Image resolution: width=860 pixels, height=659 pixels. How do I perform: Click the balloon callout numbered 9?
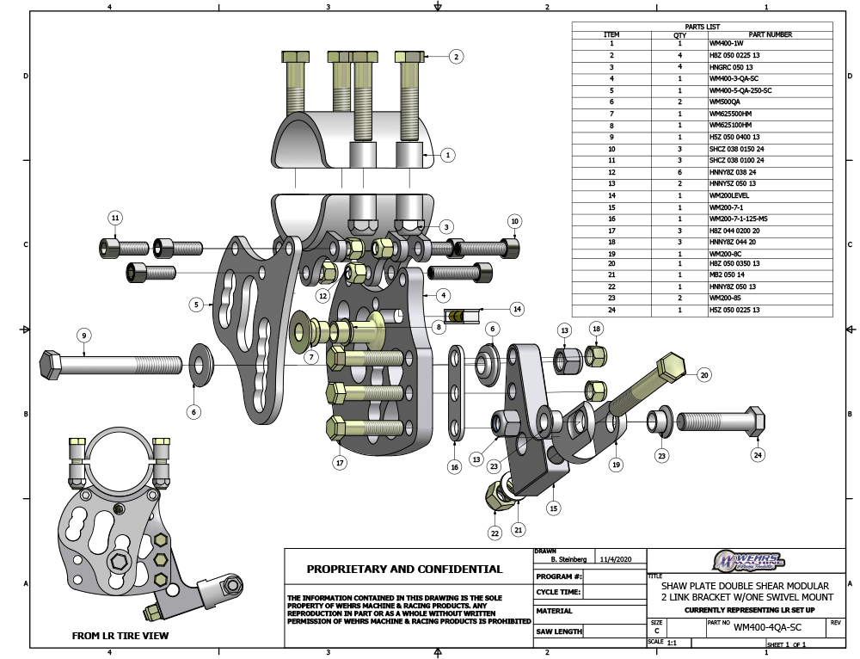[83, 335]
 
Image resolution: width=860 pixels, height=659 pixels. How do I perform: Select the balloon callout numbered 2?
[456, 57]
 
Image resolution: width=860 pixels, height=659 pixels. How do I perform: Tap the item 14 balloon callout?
[517, 308]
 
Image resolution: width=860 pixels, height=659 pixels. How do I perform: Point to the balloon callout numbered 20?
[703, 375]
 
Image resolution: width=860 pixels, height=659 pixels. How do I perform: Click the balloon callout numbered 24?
[758, 454]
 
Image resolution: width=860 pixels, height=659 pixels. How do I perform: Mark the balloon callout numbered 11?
[115, 217]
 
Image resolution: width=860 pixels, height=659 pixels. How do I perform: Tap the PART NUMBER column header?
[770, 35]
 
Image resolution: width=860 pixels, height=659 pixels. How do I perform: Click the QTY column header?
[679, 35]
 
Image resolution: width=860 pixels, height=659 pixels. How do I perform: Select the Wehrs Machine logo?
[747, 561]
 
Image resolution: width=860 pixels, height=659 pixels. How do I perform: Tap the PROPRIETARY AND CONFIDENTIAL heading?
[405, 569]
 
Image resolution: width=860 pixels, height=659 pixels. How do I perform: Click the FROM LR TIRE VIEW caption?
[120, 636]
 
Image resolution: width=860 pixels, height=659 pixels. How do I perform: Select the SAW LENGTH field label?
[559, 631]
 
